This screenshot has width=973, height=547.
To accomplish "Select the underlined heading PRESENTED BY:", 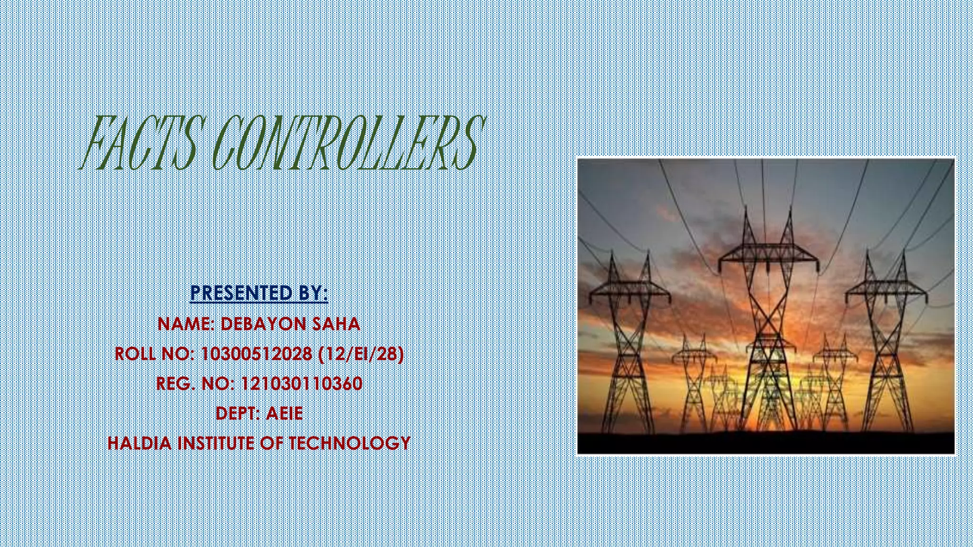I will pyautogui.click(x=259, y=293).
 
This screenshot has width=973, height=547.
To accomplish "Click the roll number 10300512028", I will pyautogui.click(x=257, y=354).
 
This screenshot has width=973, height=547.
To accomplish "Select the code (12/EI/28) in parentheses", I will pyautogui.click(x=361, y=354).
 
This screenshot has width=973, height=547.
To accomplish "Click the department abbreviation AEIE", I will pyautogui.click(x=284, y=414).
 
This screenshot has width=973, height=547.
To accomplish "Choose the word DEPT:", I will pyautogui.click(x=238, y=414).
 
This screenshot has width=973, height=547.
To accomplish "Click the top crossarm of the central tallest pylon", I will pyautogui.click(x=769, y=252).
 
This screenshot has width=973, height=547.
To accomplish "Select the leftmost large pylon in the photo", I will pyautogui.click(x=628, y=332).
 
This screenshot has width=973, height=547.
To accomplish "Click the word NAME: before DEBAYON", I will pyautogui.click(x=187, y=324).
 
